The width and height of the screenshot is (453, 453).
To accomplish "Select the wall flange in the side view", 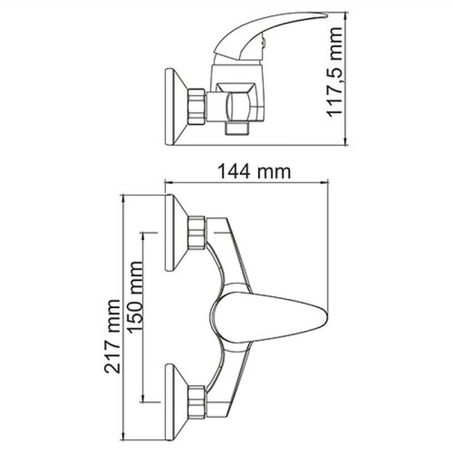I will point(169,108).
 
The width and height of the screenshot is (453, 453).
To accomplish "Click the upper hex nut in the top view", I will point(198,234).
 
